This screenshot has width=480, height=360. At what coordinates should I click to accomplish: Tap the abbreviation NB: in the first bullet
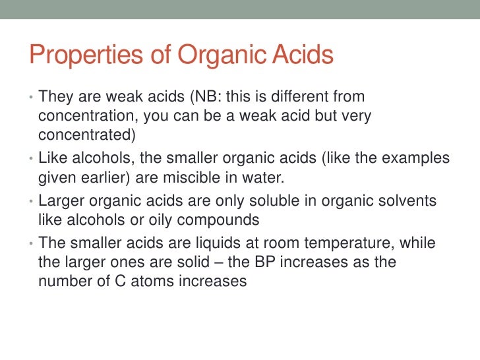point(206,97)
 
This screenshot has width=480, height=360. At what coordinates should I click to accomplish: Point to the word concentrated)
point(86,135)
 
